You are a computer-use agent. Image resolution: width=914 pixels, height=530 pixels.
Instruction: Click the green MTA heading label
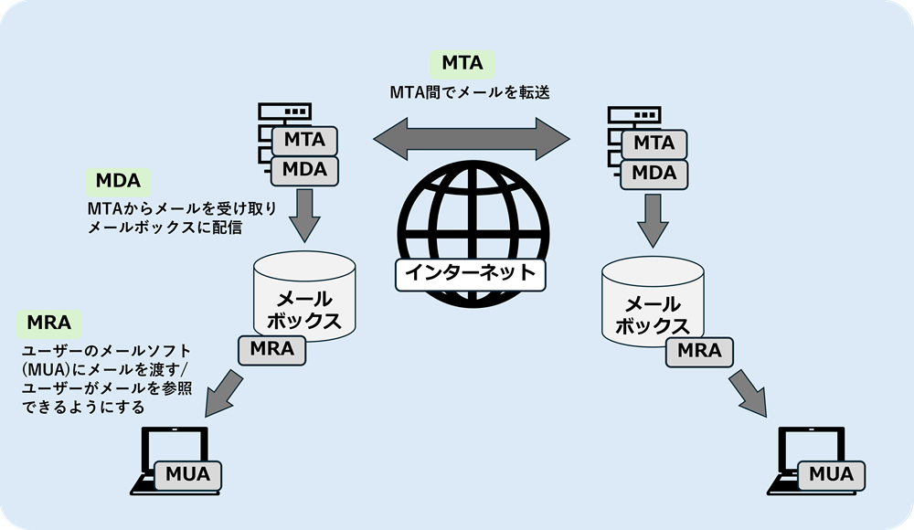[462, 63]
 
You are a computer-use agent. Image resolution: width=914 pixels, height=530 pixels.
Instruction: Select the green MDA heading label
[118, 181]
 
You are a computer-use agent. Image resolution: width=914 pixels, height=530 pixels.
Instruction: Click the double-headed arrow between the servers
[471, 139]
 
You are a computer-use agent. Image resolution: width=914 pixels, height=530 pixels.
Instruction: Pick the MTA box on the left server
[304, 141]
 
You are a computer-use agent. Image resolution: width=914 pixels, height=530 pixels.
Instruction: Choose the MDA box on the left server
[304, 169]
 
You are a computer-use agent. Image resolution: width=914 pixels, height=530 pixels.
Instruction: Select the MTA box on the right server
[654, 143]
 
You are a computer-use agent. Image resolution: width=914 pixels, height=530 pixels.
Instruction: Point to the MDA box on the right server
[654, 173]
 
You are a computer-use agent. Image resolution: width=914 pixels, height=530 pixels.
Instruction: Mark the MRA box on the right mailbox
[699, 350]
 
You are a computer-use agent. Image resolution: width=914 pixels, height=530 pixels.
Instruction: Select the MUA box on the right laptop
[831, 474]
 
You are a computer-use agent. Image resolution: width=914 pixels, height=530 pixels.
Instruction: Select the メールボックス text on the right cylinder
[654, 314]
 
